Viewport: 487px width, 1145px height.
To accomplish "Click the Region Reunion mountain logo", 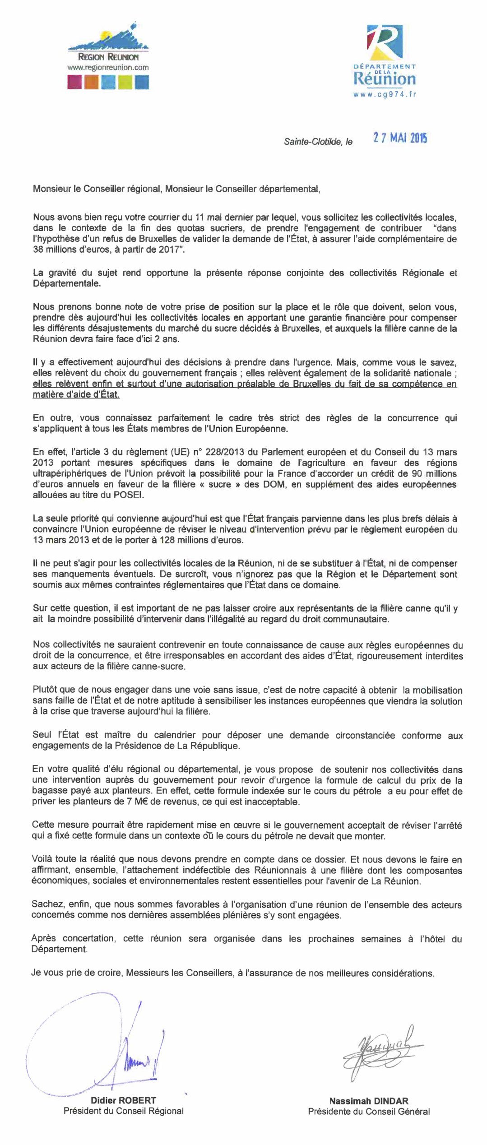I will click(108, 38).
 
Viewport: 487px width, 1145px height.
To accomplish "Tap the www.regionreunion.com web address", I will click(108, 67).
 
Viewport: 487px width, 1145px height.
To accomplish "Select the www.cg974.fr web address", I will click(385, 94).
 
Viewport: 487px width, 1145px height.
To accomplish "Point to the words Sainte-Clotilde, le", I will click(318, 142).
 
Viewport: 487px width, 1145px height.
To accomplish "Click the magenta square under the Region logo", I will click(74, 82).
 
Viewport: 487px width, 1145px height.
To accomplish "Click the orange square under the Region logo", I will click(92, 82).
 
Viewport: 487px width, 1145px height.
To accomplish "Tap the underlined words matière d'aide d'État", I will click(76, 395).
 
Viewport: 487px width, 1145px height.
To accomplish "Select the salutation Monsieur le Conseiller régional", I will click(97, 190).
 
